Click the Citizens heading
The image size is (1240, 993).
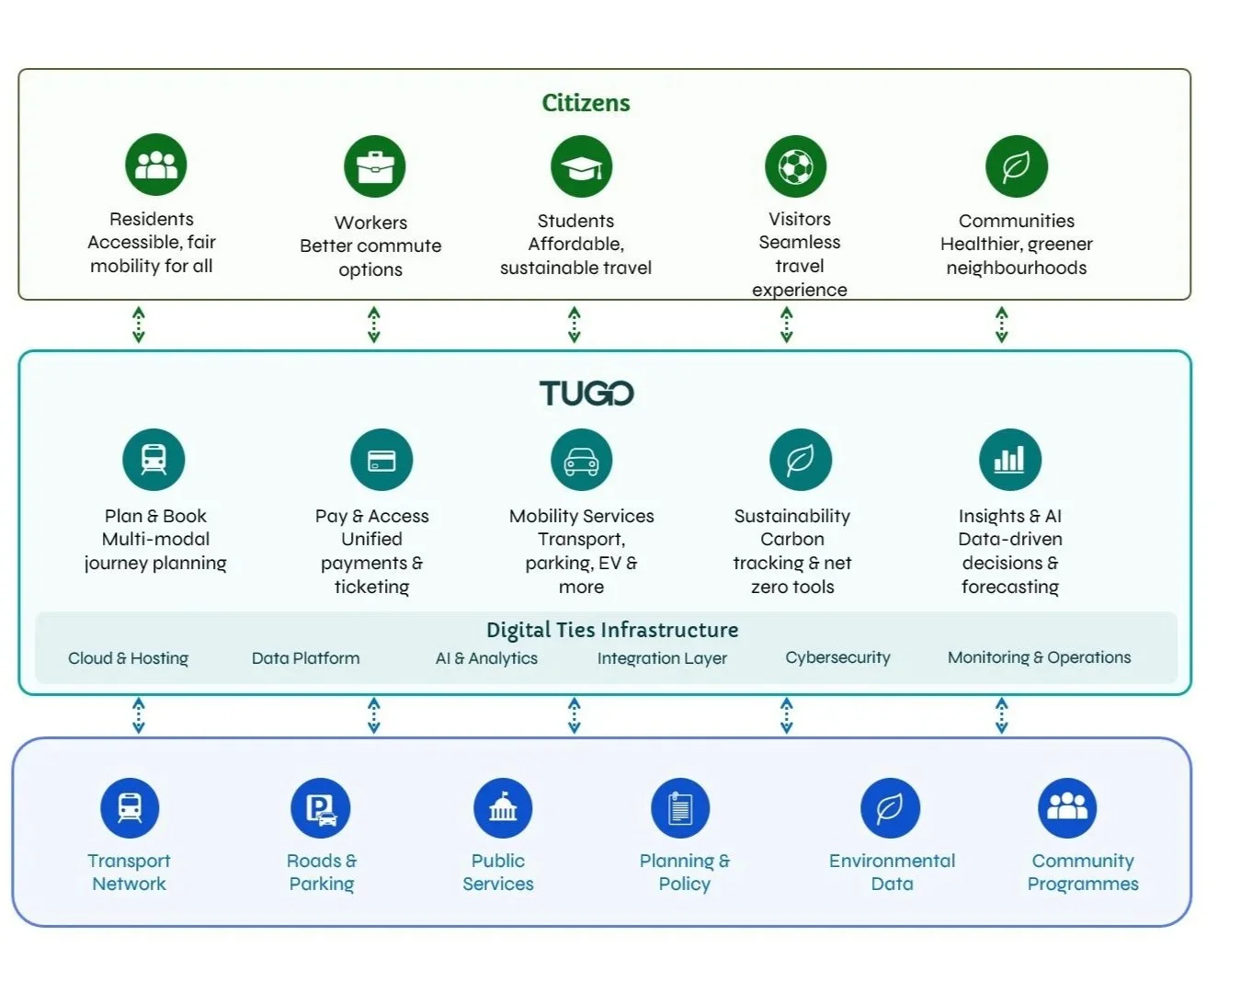point(586,103)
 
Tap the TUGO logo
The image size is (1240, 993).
point(586,394)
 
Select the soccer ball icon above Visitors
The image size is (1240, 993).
point(795,166)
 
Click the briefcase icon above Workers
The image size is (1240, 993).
point(374,166)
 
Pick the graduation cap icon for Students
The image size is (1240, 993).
point(582,166)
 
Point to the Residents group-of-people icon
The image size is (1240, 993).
point(155,165)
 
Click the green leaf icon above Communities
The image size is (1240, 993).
point(1017,166)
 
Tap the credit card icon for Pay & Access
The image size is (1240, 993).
point(381,460)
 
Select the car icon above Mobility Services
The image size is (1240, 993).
point(582,460)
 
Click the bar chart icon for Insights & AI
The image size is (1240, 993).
point(1010,460)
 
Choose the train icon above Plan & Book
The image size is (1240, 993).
point(154,460)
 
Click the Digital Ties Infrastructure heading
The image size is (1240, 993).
point(612,631)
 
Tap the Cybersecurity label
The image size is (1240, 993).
point(837,657)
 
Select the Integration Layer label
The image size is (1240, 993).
point(662,658)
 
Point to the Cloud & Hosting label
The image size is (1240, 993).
point(128,658)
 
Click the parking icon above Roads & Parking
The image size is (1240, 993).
point(321,808)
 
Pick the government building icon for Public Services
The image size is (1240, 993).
point(503,808)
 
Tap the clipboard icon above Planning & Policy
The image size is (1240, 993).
point(680,808)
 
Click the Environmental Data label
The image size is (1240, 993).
point(892,872)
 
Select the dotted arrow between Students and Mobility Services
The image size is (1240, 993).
point(574,325)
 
